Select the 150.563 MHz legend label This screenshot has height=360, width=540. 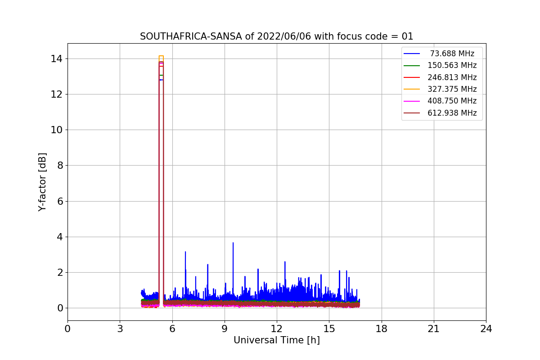click(452, 65)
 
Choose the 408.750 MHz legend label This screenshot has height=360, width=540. click(452, 101)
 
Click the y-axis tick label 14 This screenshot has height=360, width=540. click(56, 59)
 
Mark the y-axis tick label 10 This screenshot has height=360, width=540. click(56, 130)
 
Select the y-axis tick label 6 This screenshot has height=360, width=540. click(60, 201)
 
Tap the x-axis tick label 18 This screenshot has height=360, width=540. click(382, 329)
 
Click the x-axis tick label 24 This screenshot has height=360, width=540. click(486, 329)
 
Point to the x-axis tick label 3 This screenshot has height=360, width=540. click(120, 329)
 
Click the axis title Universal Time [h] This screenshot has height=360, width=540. click(277, 340)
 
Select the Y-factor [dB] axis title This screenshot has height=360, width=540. click(42, 182)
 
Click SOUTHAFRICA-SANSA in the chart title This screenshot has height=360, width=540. click(191, 36)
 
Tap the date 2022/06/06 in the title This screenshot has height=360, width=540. click(284, 36)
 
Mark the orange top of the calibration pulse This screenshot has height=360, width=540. click(161, 56)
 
